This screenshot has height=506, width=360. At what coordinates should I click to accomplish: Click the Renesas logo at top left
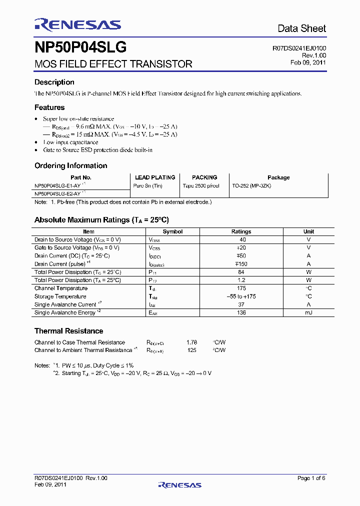tap(77, 25)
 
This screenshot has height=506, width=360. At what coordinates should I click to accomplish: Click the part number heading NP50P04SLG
tap(80, 47)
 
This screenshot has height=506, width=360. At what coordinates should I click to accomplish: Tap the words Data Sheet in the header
tap(301, 28)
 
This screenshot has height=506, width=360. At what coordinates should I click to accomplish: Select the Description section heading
tap(54, 82)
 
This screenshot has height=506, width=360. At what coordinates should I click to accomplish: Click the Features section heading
tap(49, 107)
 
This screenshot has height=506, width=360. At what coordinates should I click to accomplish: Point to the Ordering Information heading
tap(70, 165)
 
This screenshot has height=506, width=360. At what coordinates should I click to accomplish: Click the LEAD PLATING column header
tap(155, 177)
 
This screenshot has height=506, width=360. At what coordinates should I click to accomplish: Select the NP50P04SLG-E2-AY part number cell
tap(58, 193)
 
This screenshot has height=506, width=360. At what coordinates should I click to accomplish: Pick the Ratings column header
tap(241, 231)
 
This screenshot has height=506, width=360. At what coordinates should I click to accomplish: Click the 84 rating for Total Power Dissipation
tap(241, 272)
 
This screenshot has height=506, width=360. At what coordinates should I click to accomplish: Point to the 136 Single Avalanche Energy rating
tap(241, 312)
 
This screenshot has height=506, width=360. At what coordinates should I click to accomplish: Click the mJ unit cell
tap(308, 312)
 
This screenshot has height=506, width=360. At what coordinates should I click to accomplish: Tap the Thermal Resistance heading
tap(68, 331)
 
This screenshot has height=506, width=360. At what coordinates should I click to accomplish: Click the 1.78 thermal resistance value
tap(191, 342)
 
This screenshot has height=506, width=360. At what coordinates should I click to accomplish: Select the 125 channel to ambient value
tap(191, 350)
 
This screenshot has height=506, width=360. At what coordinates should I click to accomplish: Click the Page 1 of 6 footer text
tap(311, 478)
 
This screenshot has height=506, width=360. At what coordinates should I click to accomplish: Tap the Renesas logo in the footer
tap(179, 485)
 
